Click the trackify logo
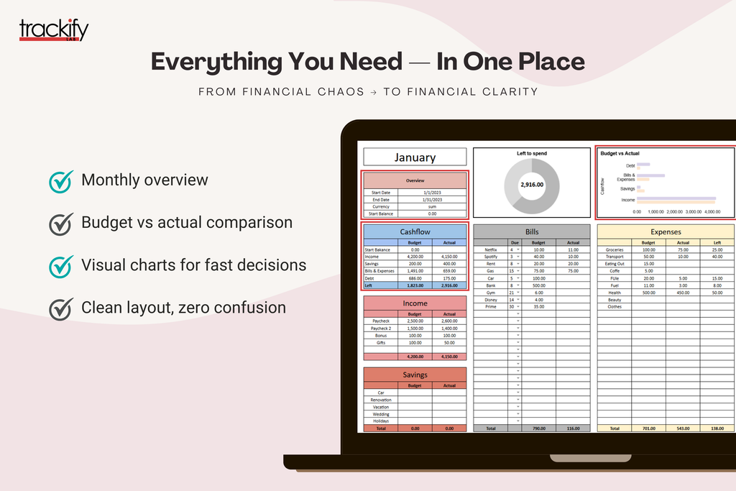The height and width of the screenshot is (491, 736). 54,30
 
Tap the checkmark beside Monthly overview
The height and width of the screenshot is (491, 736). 60,180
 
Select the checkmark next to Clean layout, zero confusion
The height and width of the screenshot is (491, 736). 60,308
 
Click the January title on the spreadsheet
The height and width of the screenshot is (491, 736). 415,157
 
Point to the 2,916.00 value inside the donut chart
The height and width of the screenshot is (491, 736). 532,185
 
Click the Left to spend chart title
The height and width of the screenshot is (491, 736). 532,154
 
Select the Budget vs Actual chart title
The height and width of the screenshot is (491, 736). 619,153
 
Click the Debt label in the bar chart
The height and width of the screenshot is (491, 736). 630,165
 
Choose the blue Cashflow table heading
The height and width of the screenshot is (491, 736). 415,231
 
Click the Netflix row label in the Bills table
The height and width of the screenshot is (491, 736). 491,249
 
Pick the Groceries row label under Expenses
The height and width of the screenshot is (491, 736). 615,249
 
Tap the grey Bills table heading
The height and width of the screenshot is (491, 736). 532,231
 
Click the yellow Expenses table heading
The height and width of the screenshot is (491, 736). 666,231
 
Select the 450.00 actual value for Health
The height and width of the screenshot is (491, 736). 683,293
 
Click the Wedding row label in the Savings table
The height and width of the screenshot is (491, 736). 381,414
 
